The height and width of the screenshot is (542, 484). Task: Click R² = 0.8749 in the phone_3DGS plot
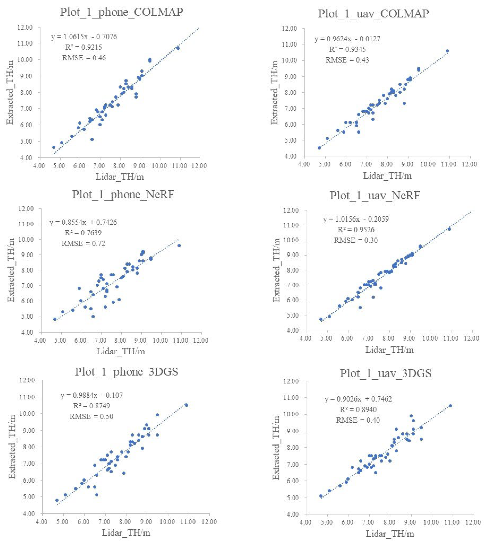[91, 406]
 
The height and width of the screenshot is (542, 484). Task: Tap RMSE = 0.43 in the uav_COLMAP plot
[347, 60]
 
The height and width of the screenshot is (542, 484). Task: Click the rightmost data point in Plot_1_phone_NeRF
[179, 245]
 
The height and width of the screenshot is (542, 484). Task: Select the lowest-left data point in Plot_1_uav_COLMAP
[319, 148]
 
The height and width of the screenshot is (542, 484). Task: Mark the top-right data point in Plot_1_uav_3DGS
[450, 406]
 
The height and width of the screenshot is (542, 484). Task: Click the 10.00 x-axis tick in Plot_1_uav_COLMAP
[428, 164]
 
